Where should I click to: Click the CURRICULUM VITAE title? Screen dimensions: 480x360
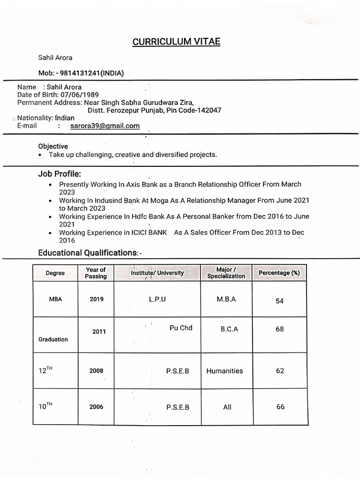click(176, 42)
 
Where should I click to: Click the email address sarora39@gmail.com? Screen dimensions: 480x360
click(105, 126)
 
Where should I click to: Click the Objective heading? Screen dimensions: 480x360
click(53, 146)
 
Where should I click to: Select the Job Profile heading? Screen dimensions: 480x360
click(60, 174)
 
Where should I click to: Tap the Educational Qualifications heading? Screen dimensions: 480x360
click(88, 253)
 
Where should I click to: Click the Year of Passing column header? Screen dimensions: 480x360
click(96, 273)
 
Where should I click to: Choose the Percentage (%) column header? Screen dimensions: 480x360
click(279, 273)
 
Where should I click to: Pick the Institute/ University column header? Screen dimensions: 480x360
click(157, 273)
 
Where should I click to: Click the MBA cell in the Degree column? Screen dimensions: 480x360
click(55, 299)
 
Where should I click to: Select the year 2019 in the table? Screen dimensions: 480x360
click(97, 299)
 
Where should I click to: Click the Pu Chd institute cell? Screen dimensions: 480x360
click(181, 328)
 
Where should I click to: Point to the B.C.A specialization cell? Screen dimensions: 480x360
click(229, 329)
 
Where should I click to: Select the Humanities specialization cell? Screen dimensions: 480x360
click(225, 371)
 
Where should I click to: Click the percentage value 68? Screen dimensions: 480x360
click(280, 329)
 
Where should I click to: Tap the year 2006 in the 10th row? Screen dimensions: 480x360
click(96, 407)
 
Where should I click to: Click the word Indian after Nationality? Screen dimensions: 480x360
click(65, 118)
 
